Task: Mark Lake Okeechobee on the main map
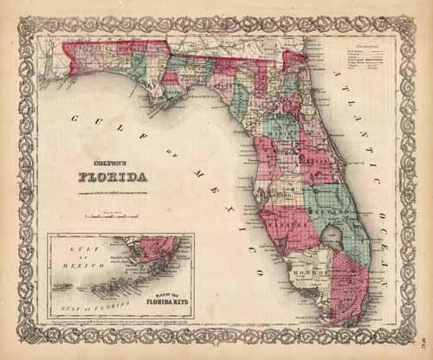click(x=332, y=231)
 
